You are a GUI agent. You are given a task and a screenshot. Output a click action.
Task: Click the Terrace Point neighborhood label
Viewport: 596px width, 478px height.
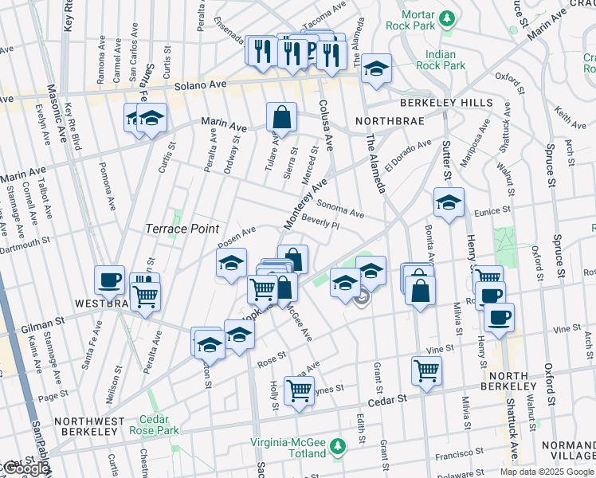(182, 229)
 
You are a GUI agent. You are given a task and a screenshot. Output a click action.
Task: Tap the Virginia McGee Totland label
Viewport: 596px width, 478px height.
(289, 448)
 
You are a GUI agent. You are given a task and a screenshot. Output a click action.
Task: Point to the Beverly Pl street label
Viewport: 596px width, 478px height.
(320, 223)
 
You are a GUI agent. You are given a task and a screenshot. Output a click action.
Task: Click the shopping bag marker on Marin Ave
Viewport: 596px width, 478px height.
(281, 117)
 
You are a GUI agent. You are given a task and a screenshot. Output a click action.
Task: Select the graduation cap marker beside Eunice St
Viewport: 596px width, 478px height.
(449, 203)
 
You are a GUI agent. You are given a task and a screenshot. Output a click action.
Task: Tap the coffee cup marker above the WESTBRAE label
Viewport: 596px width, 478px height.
(110, 280)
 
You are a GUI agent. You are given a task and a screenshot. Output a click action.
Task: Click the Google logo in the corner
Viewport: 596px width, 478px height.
(25, 468)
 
